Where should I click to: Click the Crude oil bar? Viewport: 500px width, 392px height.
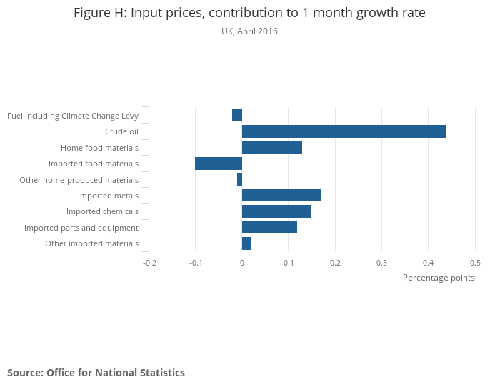tap(344, 131)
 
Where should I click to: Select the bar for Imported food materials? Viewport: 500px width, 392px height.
tap(219, 164)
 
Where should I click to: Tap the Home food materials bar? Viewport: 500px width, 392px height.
tap(272, 148)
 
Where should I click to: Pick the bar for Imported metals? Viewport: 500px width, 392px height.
tap(281, 196)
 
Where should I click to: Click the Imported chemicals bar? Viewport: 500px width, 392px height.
tap(276, 211)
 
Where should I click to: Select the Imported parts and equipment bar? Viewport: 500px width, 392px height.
tap(269, 228)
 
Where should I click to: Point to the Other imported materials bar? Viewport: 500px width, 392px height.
tap(246, 243)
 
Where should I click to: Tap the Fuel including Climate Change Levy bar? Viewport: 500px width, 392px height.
tap(237, 115)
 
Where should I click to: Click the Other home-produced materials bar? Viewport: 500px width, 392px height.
tap(239, 179)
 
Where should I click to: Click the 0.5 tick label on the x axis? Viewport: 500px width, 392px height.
tap(475, 263)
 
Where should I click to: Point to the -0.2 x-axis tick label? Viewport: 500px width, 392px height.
tap(149, 263)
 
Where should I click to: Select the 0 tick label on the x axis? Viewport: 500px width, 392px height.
tap(242, 263)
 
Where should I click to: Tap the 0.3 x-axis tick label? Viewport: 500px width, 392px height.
tap(382, 263)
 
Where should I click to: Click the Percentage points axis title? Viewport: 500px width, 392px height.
tap(439, 278)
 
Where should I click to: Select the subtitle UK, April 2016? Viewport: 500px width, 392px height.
tap(250, 31)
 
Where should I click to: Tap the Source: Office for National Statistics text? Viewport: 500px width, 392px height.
tap(96, 373)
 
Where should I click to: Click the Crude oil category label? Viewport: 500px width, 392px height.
tap(121, 131)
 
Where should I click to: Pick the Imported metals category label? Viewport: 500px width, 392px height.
tap(108, 196)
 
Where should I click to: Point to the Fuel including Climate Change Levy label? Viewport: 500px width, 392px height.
tap(73, 116)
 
